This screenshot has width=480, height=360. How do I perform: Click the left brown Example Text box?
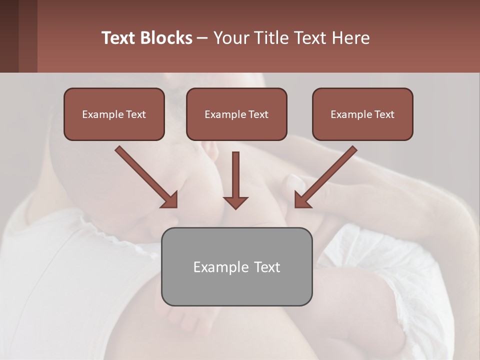point(114,114)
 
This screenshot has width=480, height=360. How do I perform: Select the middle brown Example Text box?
point(236,114)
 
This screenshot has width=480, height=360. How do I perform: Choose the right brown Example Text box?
point(362,114)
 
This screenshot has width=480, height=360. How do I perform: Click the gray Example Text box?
point(236,267)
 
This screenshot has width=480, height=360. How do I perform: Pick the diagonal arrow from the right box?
point(325,177)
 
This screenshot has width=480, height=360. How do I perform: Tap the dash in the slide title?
point(203,38)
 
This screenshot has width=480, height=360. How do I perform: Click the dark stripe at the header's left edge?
point(9,36)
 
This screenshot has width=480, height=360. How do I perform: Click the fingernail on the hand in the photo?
point(294,180)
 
